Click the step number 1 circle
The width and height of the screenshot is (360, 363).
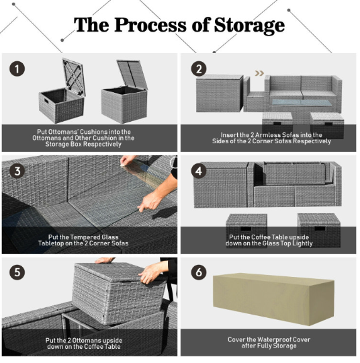pyautogui.click(x=17, y=69)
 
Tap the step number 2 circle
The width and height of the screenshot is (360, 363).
pyautogui.click(x=199, y=69)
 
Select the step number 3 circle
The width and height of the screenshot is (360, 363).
pyautogui.click(x=17, y=171)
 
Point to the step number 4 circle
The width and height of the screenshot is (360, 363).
pyautogui.click(x=199, y=171)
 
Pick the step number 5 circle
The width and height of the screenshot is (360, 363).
pyautogui.click(x=17, y=272)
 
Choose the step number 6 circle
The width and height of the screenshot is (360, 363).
pyautogui.click(x=199, y=272)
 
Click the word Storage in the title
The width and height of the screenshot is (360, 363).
pyautogui.click(x=249, y=26)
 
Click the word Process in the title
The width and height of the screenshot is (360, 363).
pyautogui.click(x=150, y=25)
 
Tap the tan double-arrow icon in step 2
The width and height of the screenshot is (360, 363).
pyautogui.click(x=259, y=73)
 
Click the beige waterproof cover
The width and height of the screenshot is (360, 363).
pyautogui.click(x=273, y=298)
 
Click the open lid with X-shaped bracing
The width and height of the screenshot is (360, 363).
pyautogui.click(x=74, y=77)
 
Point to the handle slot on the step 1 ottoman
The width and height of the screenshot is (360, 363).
pyautogui.click(x=46, y=101)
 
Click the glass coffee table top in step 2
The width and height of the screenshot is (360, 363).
pyautogui.click(x=302, y=103)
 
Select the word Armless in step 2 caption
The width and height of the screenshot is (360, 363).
pyautogui.click(x=265, y=135)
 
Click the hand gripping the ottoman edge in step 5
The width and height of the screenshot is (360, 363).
pyautogui.click(x=152, y=272)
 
